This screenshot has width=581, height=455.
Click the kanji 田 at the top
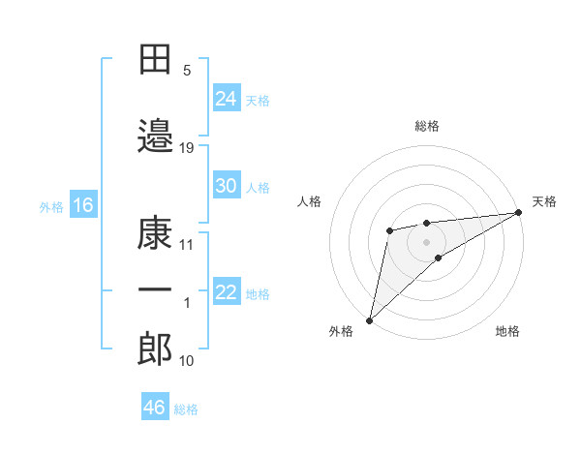[155, 59]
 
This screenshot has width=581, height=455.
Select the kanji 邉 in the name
[155, 136]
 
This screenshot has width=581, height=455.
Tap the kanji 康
[155, 233]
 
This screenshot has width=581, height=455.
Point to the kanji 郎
[155, 349]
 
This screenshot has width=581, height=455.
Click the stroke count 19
[186, 148]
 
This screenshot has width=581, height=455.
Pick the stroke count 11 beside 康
[186, 245]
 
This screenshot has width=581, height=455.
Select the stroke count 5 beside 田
[187, 71]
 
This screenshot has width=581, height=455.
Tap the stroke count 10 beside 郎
[186, 361]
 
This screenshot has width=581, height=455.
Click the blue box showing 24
[227, 98]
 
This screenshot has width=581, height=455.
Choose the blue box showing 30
[227, 185]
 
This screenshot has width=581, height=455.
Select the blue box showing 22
[227, 290]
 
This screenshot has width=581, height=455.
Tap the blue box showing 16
[83, 204]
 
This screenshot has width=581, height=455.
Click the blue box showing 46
[155, 406]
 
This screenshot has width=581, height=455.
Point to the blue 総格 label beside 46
[186, 409]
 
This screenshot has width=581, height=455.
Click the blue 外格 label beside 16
[51, 207]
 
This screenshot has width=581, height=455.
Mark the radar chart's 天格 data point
[519, 212]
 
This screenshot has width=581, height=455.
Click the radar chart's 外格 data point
[369, 320]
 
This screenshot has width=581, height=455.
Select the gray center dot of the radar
[426, 243]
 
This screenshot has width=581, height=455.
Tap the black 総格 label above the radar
[427, 126]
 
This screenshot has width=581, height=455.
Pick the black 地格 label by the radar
[507, 331]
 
